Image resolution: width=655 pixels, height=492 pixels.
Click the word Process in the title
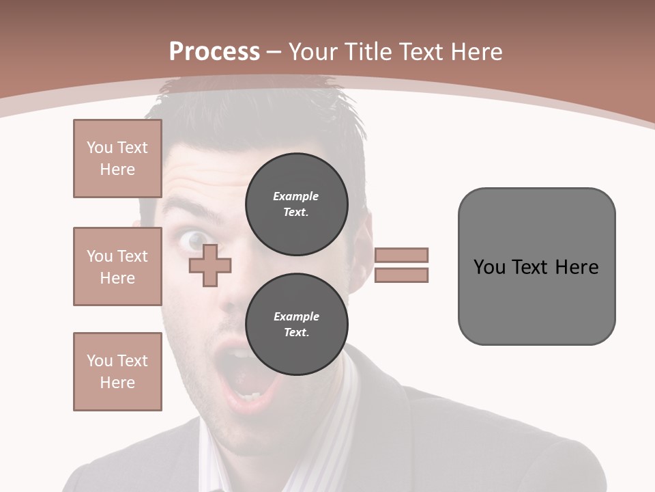click(214, 52)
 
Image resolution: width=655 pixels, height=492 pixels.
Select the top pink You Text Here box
click(117, 159)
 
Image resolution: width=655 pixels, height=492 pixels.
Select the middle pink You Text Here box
click(117, 266)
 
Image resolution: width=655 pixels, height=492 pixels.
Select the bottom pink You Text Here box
click(117, 372)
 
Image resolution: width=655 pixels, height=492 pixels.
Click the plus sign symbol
click(210, 265)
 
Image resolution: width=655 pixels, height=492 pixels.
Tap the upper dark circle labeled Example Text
click(296, 204)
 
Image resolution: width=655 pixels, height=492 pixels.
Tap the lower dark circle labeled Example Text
click(296, 325)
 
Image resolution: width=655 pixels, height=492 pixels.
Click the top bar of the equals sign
click(401, 255)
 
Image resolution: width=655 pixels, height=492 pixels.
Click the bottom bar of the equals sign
click(401, 275)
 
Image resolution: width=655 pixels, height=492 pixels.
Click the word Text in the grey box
click(536, 267)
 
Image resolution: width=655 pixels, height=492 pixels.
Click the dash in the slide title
click(274, 52)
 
